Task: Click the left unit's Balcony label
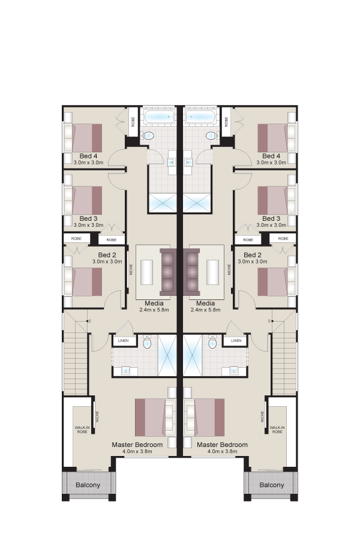point(88,485)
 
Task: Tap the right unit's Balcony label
point(271,485)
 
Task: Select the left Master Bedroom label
point(137,445)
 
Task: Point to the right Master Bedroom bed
point(204,418)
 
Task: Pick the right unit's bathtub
point(200,117)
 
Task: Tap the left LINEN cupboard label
point(123,341)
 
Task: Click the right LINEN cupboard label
point(236,341)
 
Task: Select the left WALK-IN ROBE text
point(82,430)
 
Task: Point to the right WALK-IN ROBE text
point(277,430)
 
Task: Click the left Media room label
point(154,304)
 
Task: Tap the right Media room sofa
point(191,272)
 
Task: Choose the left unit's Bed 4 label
point(89,156)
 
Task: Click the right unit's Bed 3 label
point(271,218)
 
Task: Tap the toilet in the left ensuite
point(147,341)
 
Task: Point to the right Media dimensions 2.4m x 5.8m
point(205,310)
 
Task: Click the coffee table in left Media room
point(147,272)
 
